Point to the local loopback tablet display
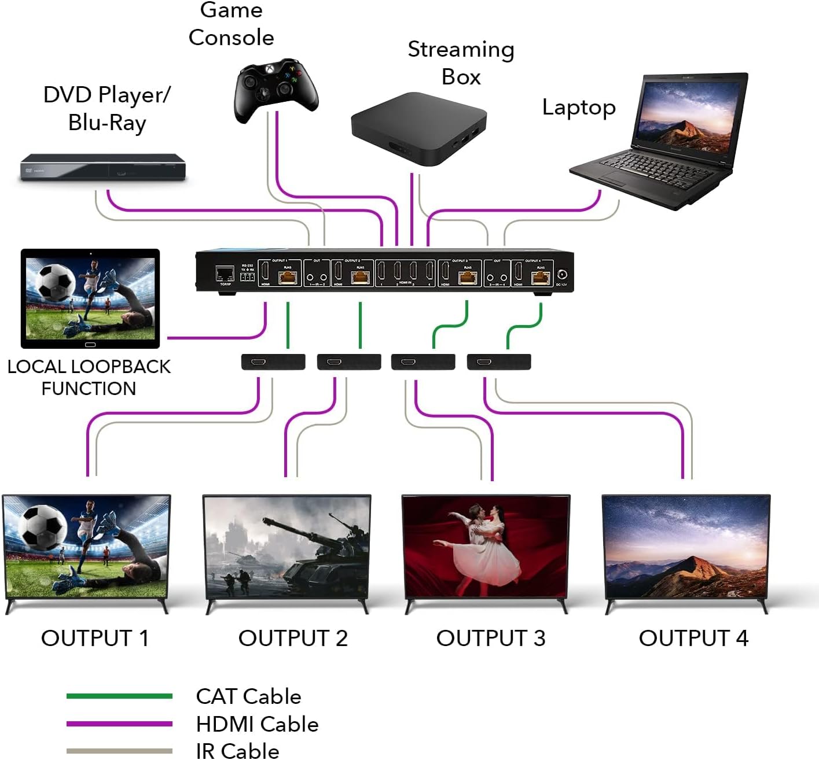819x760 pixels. (90, 298)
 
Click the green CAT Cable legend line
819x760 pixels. (119, 696)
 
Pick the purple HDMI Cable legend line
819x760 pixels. (119, 724)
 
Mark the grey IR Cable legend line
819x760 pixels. (119, 751)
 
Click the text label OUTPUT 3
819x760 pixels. (490, 639)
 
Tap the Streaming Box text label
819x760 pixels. (461, 63)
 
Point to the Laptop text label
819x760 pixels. (578, 108)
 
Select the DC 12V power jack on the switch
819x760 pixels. (561, 275)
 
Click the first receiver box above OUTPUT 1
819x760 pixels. (273, 362)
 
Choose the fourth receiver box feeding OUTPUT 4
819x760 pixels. (498, 362)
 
